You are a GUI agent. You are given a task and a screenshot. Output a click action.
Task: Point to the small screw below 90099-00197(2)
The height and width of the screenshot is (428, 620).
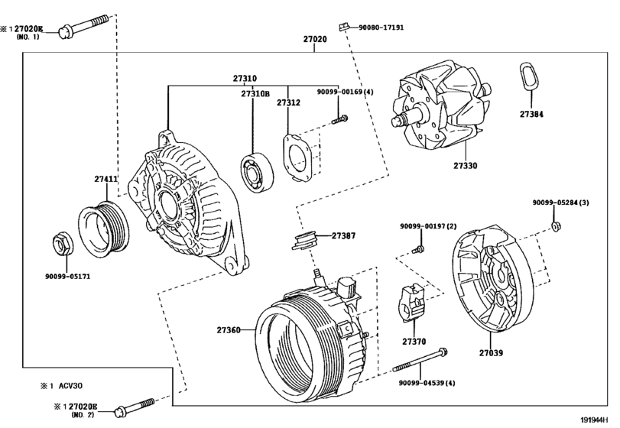[417, 248]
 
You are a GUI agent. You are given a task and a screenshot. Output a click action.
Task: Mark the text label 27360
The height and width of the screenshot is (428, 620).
[229, 330]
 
